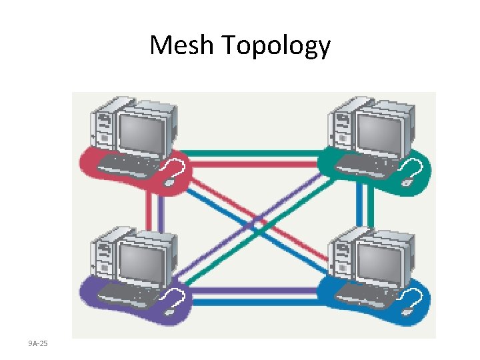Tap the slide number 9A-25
tap(38, 343)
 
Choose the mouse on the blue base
tap(406, 311)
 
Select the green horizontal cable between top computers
tap(253, 152)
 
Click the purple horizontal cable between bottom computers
tap(253, 291)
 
